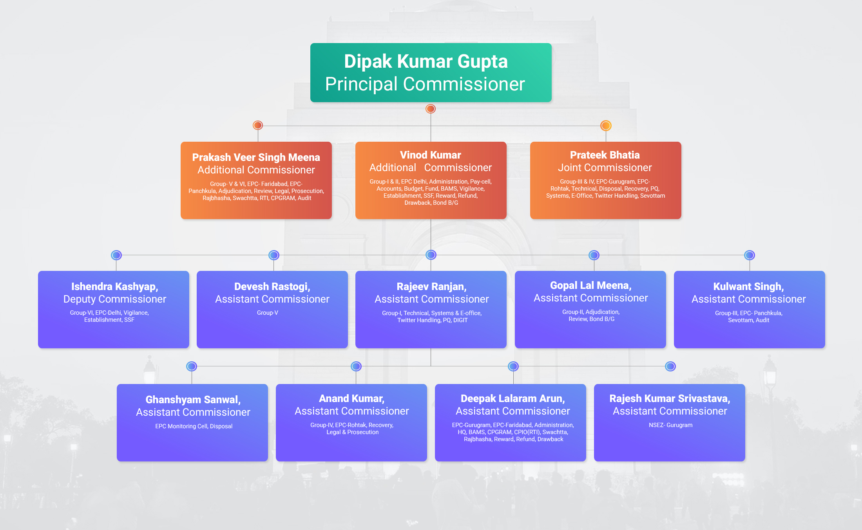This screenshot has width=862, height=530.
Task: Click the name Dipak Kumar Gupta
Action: [426, 61]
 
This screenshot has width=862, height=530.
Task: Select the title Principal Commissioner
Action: [425, 84]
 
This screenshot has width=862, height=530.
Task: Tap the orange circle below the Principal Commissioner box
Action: [431, 109]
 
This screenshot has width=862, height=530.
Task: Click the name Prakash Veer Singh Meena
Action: [256, 157]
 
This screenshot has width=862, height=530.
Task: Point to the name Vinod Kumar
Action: [430, 155]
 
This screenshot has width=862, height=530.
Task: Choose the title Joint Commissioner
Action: [605, 168]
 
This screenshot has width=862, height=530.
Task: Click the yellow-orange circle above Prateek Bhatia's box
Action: [606, 126]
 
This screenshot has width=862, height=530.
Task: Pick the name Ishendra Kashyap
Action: [114, 287]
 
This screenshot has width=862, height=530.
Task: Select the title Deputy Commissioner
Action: [114, 299]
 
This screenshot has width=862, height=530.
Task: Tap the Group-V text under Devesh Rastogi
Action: [267, 313]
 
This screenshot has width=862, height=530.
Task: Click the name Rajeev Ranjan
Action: [431, 287]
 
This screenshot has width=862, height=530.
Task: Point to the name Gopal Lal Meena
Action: [590, 285]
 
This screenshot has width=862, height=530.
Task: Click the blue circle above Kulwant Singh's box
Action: [749, 255]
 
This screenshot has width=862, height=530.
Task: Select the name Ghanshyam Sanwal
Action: [193, 400]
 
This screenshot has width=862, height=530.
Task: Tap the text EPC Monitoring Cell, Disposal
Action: [194, 426]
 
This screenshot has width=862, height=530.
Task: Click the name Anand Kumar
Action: [351, 398]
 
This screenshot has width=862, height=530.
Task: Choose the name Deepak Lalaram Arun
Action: [512, 398]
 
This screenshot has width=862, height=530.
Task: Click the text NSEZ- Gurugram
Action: [670, 425]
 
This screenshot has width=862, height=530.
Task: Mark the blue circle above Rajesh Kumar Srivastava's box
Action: [670, 366]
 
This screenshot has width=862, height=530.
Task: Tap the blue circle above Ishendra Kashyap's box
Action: [116, 255]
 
